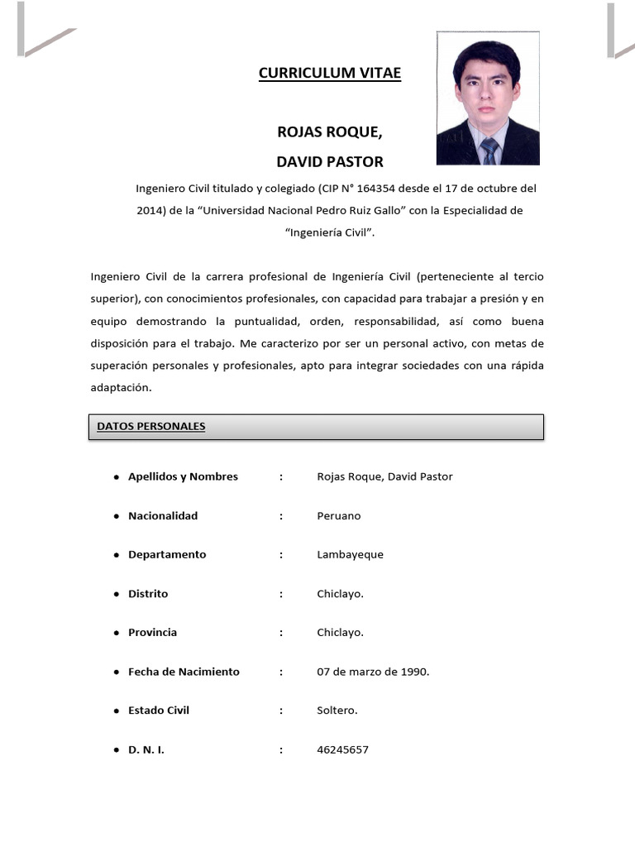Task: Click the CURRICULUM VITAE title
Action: point(329,74)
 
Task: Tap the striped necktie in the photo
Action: point(489,151)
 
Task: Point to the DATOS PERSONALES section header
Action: point(151,427)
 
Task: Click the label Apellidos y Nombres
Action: point(183,476)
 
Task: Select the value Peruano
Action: point(339,515)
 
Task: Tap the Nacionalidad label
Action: point(163,515)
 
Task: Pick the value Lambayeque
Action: point(350,554)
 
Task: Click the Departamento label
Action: point(167,554)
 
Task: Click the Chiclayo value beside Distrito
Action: point(340,593)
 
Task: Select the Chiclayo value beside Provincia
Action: point(340,632)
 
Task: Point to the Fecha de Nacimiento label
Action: point(184,672)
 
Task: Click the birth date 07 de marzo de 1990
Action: point(373,672)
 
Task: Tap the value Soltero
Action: point(337,711)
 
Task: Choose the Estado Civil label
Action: point(159,711)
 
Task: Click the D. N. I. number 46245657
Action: point(342,749)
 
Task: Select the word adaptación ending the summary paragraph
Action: point(122,387)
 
